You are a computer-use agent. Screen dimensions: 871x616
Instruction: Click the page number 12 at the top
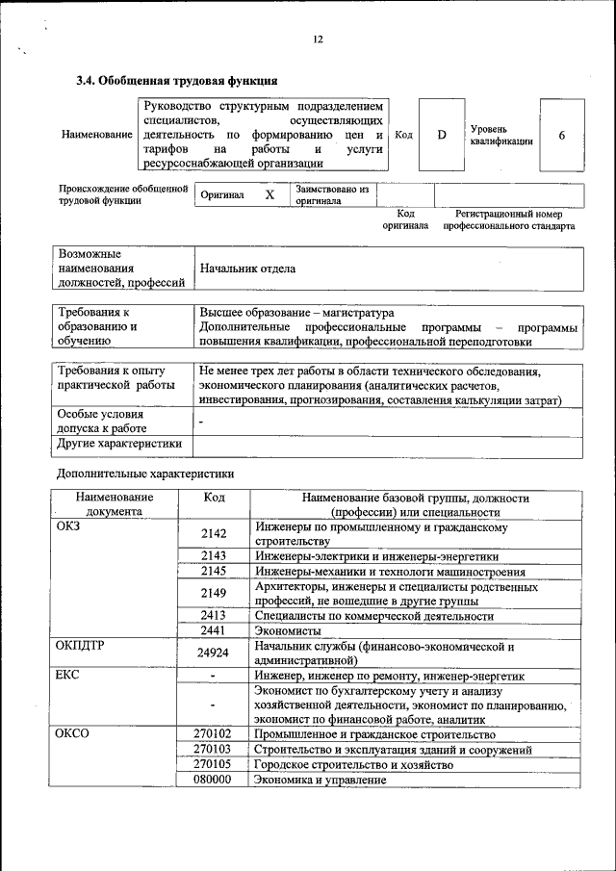(318, 39)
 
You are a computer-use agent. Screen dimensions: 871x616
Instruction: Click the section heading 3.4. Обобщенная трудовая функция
(177, 81)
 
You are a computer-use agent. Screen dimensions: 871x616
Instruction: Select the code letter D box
(442, 135)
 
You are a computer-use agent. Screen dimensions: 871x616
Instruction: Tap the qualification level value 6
(562, 135)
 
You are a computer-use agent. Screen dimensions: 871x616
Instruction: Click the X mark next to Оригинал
(269, 195)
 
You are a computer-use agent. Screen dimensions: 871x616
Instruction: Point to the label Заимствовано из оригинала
(332, 195)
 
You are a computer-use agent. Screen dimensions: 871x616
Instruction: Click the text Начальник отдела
(247, 269)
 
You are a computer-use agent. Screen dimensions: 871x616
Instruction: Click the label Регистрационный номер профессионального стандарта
(509, 220)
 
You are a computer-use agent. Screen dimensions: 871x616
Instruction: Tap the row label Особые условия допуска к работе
(102, 421)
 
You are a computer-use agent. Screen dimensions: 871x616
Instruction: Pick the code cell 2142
(214, 534)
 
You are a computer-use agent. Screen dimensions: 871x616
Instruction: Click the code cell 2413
(214, 615)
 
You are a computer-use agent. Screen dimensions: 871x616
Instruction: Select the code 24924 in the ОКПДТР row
(214, 653)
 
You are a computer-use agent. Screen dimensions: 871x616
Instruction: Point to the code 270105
(213, 764)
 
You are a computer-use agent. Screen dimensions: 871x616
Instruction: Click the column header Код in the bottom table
(214, 498)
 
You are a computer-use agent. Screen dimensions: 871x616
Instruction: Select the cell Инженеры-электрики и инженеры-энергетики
(376, 556)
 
